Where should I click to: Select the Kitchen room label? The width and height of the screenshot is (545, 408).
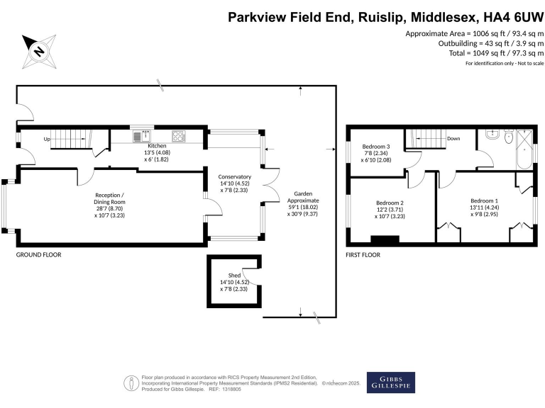tap(157, 145)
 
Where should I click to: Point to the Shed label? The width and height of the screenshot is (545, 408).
tap(233, 275)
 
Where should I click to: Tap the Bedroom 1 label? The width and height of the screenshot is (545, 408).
tap(484, 200)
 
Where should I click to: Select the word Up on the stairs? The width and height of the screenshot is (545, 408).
tap(48, 139)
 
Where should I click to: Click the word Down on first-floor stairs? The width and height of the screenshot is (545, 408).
tap(454, 139)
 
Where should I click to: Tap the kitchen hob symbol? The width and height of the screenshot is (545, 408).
tap(178, 135)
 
